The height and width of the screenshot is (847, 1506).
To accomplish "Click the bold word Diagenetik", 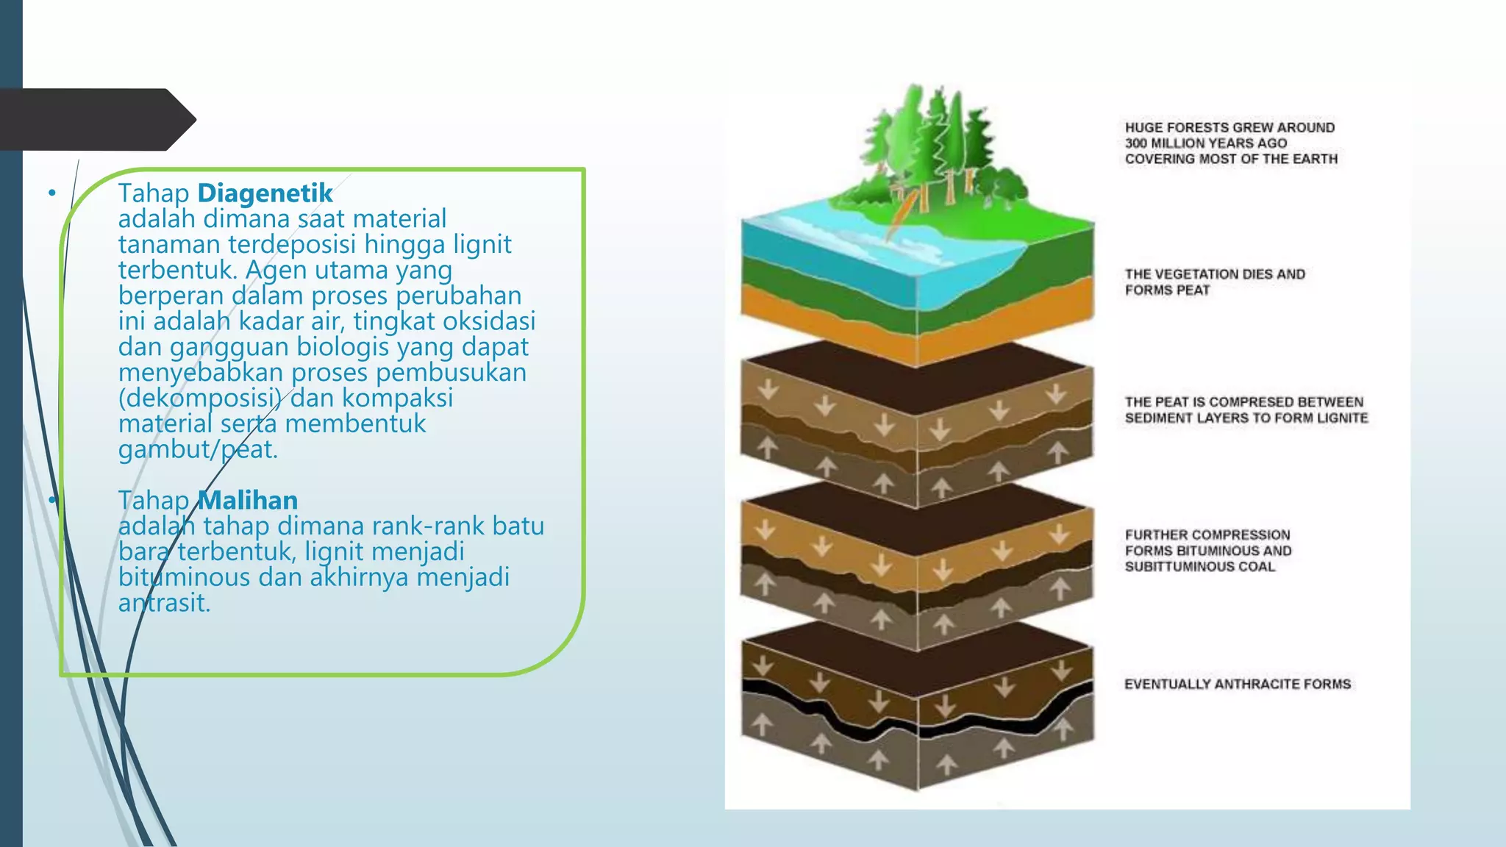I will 265,193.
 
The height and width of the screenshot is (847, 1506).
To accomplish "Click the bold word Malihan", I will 248,501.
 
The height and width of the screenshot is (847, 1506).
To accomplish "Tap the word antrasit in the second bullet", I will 164,603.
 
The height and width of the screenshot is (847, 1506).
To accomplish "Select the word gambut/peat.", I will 198,449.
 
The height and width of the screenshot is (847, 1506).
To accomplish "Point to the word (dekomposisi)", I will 200,398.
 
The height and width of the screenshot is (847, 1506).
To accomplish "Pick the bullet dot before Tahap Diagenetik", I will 52,193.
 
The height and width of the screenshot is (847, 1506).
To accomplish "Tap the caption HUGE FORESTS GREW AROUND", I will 1230,128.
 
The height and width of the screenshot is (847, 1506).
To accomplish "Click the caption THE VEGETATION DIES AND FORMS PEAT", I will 1215,282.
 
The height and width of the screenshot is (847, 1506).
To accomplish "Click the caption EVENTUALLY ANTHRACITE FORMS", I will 1238,685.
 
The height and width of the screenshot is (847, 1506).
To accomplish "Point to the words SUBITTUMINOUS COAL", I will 1199,567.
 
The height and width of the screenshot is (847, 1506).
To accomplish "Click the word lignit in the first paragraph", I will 482,244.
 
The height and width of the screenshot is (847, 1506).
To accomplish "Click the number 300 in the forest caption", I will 1136,143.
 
